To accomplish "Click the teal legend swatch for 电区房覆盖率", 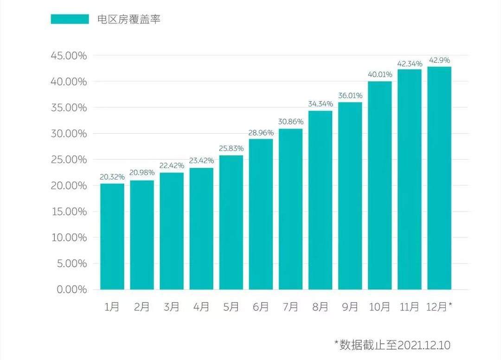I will pos(70,19).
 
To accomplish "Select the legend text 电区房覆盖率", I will pos(128,19).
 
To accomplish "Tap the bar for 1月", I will pos(112,237).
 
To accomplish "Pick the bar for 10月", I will pos(379,186).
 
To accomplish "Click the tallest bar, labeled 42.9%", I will pos(439,178).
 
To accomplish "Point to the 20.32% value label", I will pos(112,177).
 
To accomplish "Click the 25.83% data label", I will pos(231,148).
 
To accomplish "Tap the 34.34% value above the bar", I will pos(320,104).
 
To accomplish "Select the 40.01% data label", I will pos(379,74).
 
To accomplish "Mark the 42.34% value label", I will pos(409,63).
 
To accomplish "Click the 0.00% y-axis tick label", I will pos(72,289).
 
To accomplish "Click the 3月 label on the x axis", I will pos(172,307).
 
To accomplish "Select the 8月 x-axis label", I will pos(320,307).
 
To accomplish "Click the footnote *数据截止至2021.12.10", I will pos(392,345).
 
